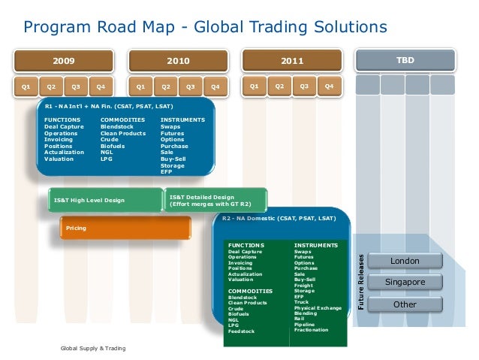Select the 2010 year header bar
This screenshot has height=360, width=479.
pos(178,60)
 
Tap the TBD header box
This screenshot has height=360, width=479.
pos(405,59)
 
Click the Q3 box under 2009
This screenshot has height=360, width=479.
pos(75,87)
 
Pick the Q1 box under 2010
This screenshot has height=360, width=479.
pos(140,87)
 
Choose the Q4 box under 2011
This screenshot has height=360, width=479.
pos(328,86)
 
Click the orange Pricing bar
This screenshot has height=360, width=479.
pos(125,227)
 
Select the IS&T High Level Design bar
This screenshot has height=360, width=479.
pos(105,201)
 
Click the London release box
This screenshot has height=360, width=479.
pos(405,261)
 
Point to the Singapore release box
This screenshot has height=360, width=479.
pos(405,283)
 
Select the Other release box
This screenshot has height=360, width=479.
pos(405,304)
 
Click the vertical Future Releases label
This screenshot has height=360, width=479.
pos(361,279)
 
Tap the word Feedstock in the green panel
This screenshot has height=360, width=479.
pos(242,331)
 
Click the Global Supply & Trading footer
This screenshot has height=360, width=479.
pos(93,348)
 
